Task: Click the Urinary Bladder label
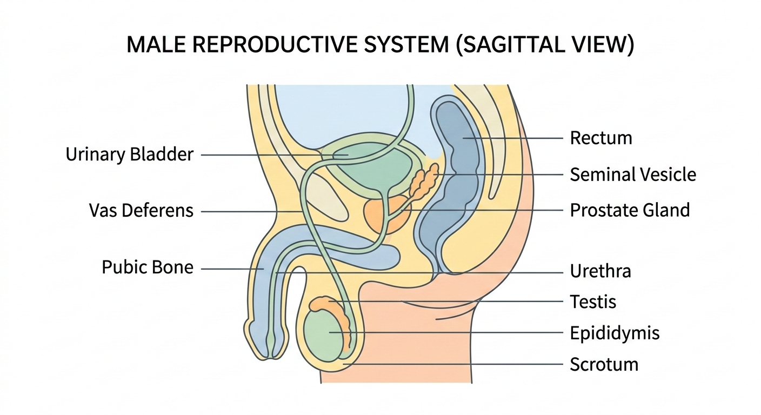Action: pos(129,155)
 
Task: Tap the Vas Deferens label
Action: pos(141,211)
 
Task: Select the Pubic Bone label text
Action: pos(148,267)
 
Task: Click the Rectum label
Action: pos(600,138)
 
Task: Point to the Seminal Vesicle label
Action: pos(632,175)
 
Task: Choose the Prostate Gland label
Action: pos(630,210)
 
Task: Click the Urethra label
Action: pos(600,271)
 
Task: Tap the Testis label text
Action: pos(593,302)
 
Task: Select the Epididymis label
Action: pos(615,333)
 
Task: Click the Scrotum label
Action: pos(604,364)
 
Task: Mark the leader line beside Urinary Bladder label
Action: pos(259,155)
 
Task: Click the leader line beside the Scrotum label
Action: pos(459,364)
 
